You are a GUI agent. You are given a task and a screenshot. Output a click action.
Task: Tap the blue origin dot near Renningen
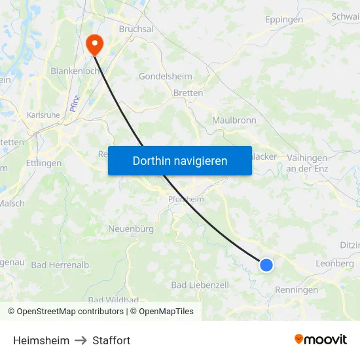266,264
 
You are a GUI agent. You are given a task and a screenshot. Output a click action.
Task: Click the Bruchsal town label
135,29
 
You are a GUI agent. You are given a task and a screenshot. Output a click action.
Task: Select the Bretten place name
188,93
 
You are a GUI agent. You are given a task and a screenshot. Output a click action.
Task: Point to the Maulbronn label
234,120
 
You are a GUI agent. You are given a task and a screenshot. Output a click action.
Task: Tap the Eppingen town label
284,20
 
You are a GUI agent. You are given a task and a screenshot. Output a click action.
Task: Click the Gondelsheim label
166,76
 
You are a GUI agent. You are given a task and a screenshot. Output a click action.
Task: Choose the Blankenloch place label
75,71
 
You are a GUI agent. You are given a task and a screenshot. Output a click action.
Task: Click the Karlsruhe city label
43,115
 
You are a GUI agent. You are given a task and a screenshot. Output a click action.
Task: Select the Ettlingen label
44,163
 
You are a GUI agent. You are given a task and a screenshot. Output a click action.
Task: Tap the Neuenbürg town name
130,229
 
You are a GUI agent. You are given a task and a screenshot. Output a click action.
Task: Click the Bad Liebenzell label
200,285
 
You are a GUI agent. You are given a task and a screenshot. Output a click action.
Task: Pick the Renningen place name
297,290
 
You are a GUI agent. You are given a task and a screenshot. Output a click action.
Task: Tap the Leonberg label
335,263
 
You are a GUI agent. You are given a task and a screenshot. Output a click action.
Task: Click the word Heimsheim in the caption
41,340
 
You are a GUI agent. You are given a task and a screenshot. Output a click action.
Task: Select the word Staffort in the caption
111,340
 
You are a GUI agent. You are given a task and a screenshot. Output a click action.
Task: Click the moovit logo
320,339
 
